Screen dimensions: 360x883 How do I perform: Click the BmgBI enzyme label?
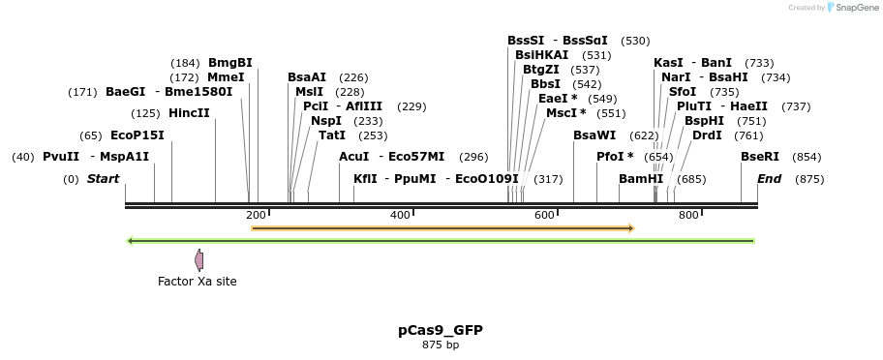[230, 63]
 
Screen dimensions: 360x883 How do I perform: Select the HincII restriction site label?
[189, 113]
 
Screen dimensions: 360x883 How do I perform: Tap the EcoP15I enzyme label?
[137, 135]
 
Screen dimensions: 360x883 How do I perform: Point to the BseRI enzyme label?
[760, 157]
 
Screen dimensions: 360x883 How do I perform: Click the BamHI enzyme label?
[641, 179]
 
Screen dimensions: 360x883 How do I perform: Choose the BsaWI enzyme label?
[594, 135]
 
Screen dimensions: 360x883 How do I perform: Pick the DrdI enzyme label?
[707, 135]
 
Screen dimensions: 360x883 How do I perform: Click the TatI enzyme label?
[332, 135]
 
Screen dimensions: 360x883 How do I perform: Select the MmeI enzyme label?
[226, 77]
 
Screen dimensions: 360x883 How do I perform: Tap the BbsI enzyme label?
[545, 84]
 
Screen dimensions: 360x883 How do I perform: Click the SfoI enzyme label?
[683, 92]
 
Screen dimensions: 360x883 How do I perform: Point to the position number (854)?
[807, 157]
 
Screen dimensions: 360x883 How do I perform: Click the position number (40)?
[23, 157]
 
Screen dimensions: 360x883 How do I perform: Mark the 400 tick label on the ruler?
[400, 215]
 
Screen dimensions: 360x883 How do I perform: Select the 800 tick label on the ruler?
[688, 215]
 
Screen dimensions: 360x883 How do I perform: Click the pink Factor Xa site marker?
[198, 259]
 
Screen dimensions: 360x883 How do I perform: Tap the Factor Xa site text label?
[198, 282]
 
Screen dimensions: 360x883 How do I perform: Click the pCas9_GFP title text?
[441, 330]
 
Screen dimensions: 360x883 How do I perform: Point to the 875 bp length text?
[441, 345]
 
